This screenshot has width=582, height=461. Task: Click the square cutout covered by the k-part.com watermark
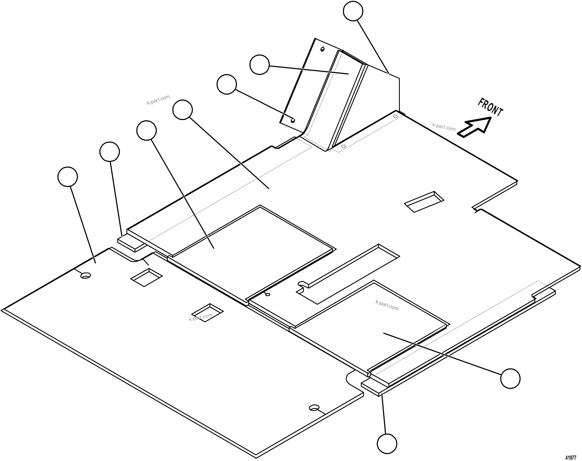pyautogui.click(x=207, y=313)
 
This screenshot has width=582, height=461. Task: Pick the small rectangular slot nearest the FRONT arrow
pyautogui.click(x=424, y=202)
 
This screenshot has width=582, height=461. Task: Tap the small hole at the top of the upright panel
pyautogui.click(x=322, y=49)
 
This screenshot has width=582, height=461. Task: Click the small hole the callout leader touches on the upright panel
pyautogui.click(x=293, y=120)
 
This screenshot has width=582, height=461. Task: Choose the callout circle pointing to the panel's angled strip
pyautogui.click(x=259, y=65)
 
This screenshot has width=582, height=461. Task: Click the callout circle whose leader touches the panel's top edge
pyautogui.click(x=353, y=11)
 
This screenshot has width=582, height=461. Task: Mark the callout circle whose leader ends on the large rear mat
pyautogui.click(x=68, y=177)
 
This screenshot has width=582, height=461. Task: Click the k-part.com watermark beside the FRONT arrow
pyautogui.click(x=444, y=127)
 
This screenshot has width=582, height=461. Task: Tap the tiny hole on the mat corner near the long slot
pyautogui.click(x=268, y=294)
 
